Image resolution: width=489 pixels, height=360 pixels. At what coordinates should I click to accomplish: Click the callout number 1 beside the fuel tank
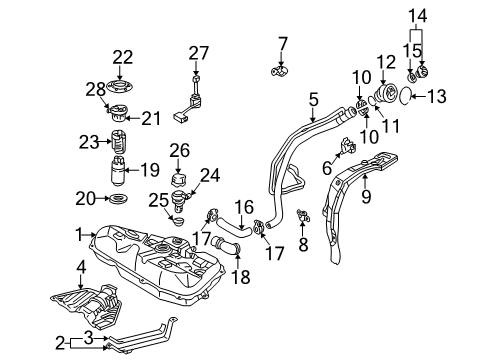pos(79,235)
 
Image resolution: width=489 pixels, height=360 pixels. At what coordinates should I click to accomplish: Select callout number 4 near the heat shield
pos(80,267)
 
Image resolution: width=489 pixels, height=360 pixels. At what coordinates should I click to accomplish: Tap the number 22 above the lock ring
pos(122,57)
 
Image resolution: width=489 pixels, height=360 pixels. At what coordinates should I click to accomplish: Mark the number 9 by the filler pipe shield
pos(366,198)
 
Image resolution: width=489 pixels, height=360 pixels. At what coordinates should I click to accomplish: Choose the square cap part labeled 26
pos(180,181)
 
